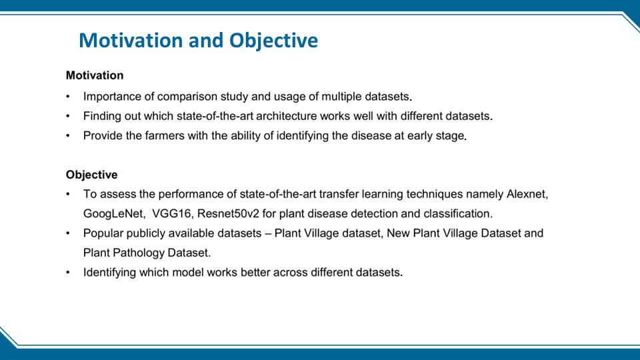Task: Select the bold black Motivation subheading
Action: point(95,75)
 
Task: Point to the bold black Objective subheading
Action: point(92,175)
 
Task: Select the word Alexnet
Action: point(527,194)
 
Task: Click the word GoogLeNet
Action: point(113,213)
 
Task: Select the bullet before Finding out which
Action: point(68,116)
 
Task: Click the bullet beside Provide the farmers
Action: point(68,136)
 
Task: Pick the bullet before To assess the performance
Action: point(68,194)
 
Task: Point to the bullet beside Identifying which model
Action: point(68,273)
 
